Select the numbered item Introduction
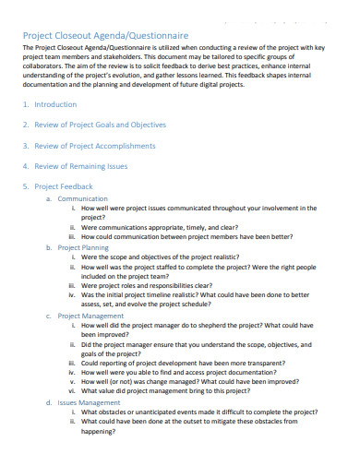(56, 104)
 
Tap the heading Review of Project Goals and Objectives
(101, 125)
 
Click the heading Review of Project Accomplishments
(95, 145)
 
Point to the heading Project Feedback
(66, 185)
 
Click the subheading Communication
(82, 198)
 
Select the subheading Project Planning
(83, 247)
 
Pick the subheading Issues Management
(89, 402)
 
